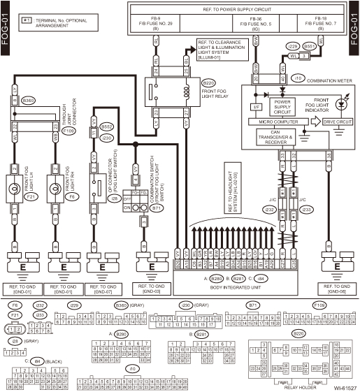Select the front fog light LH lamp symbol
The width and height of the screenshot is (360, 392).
coord(15,188)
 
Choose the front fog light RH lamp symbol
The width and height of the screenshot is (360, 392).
coord(54,188)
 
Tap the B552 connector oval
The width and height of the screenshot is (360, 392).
coord(106,127)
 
